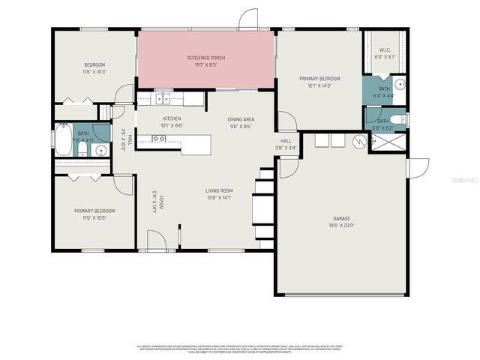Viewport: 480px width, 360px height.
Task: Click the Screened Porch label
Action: (205, 58)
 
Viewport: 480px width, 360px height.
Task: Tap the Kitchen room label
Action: (172, 118)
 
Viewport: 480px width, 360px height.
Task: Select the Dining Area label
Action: (241, 119)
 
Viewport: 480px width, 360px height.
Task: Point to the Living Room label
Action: (220, 190)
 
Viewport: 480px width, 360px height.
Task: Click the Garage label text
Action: (341, 218)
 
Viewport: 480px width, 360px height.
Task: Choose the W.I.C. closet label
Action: (384, 50)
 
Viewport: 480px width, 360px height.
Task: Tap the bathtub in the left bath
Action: (63, 141)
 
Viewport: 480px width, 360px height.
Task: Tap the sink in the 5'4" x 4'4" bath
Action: (400, 83)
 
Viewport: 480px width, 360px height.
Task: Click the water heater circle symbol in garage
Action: (358, 140)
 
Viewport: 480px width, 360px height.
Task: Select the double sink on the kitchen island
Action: (159, 138)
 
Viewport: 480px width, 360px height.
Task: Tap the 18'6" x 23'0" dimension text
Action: (341, 225)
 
